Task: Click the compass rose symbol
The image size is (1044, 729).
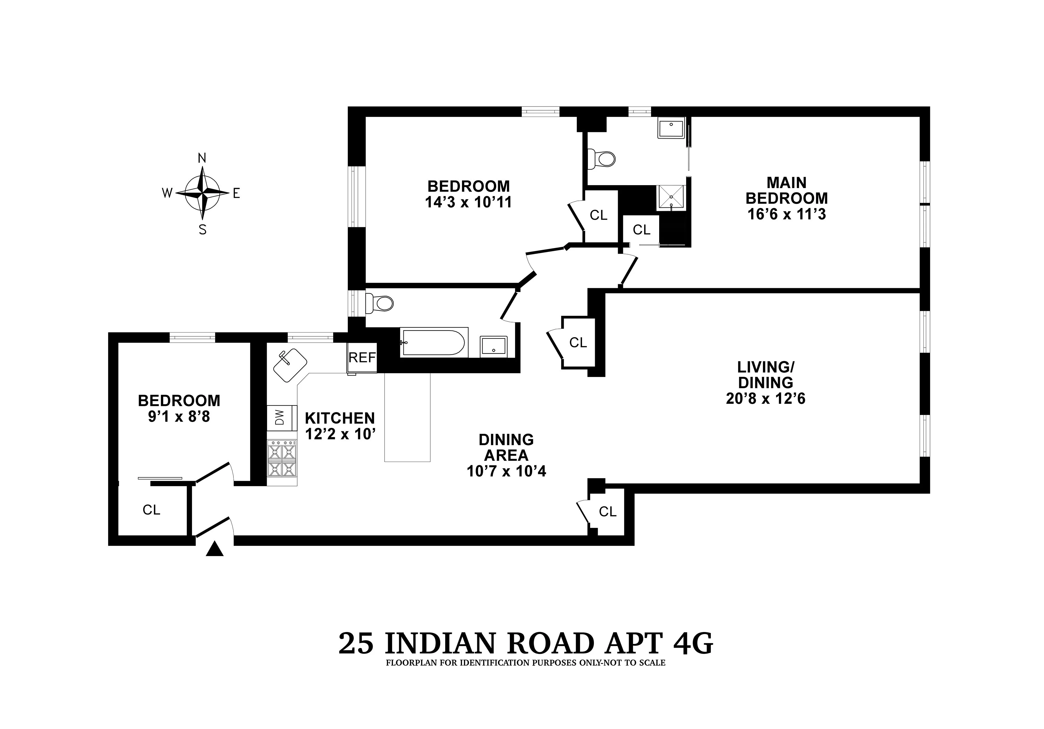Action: pyautogui.click(x=202, y=193)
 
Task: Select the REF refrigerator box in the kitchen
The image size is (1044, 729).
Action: pyautogui.click(x=362, y=358)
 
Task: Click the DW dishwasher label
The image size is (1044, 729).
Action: pyautogui.click(x=280, y=417)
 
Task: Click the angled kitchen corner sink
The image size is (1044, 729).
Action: pyautogui.click(x=290, y=365)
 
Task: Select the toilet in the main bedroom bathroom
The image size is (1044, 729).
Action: pyautogui.click(x=603, y=159)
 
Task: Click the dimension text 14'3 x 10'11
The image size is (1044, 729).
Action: pyautogui.click(x=468, y=202)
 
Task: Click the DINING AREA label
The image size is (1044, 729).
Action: pyautogui.click(x=506, y=447)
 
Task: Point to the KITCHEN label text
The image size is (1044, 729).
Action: pyautogui.click(x=340, y=418)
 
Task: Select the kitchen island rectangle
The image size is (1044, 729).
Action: pyautogui.click(x=407, y=417)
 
